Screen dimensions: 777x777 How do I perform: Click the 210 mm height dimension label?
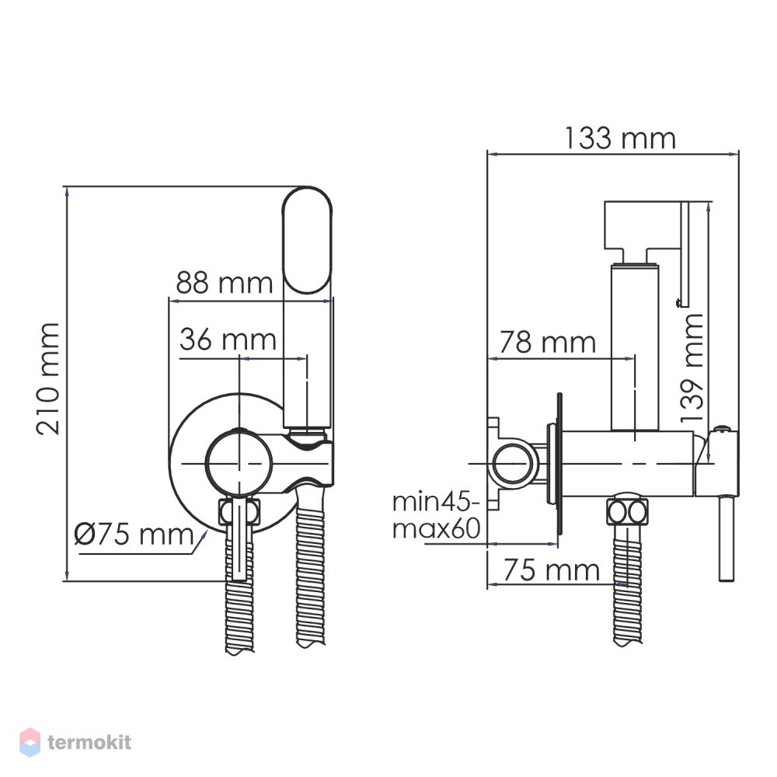[48, 379]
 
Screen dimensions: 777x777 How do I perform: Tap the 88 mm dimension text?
[225, 283]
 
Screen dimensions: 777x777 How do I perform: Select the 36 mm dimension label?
[228, 340]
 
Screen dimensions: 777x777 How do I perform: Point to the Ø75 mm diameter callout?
[134, 535]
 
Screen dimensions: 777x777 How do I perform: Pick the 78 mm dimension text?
[548, 342]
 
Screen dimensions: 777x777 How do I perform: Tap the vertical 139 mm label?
[692, 368]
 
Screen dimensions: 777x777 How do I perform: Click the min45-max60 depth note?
[436, 515]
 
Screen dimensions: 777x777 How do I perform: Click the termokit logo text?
[89, 742]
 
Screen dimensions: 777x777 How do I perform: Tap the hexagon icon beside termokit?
[30, 742]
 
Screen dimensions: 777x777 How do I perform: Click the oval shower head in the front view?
[307, 240]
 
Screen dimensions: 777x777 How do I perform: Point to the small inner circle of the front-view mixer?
[239, 463]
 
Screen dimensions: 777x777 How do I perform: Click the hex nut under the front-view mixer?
[239, 511]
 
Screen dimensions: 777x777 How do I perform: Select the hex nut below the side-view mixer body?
[627, 511]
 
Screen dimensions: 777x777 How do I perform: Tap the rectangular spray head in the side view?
[643, 225]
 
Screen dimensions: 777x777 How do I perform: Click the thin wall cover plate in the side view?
[560, 464]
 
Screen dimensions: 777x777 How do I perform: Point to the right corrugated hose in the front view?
[312, 567]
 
